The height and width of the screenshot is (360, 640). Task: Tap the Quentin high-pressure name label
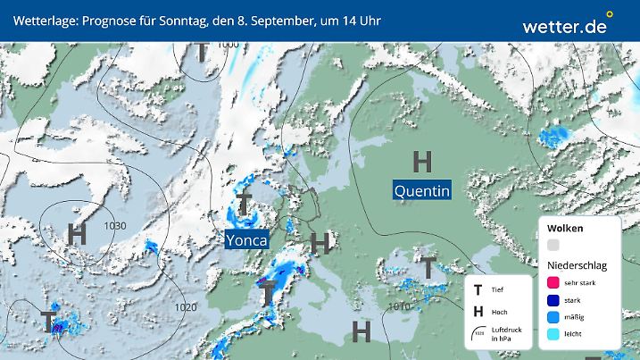(421, 190)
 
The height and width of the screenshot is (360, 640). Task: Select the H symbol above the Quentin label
(422, 161)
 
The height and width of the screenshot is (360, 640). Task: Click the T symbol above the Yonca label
(243, 204)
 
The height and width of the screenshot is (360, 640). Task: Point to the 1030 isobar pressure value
(113, 224)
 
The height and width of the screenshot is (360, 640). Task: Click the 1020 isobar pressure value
(186, 307)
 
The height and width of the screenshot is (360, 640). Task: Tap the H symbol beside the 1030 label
(78, 235)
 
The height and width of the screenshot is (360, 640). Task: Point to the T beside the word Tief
(478, 289)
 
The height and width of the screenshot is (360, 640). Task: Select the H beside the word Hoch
(478, 311)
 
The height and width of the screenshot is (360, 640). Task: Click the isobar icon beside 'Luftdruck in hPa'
(479, 332)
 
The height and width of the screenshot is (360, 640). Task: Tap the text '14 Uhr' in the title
(355, 20)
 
